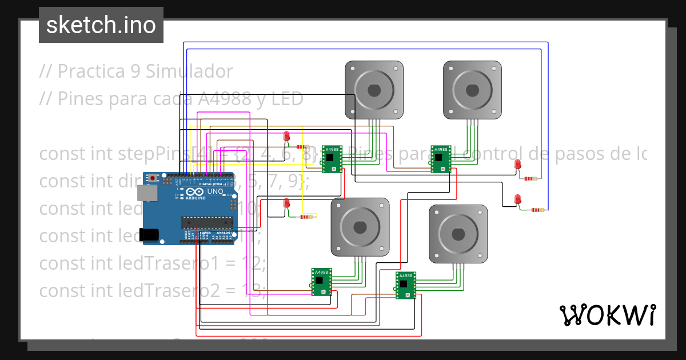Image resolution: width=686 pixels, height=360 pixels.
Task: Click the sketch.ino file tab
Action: pyautogui.click(x=101, y=25)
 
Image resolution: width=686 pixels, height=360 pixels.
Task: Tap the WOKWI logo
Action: pyautogui.click(x=607, y=315)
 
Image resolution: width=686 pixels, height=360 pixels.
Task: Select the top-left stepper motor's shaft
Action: pyautogui.click(x=374, y=90)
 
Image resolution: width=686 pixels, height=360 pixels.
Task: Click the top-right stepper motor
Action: pyautogui.click(x=472, y=90)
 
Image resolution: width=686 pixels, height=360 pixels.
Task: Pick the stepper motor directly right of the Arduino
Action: pyautogui.click(x=360, y=227)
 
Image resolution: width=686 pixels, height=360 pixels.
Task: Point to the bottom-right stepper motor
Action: pyautogui.click(x=458, y=234)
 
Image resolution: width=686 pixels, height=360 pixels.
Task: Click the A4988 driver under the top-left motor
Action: pyautogui.click(x=332, y=159)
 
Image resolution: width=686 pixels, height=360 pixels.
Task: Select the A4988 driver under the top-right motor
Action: pyautogui.click(x=441, y=159)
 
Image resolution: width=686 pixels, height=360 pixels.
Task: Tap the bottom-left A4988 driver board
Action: pyautogui.click(x=321, y=282)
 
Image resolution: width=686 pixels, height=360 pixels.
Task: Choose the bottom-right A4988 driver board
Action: pyautogui.click(x=405, y=285)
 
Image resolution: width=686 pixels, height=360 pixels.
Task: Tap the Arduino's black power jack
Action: pyautogui.click(x=149, y=234)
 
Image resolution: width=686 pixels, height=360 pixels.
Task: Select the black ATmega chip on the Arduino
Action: pyautogui.click(x=207, y=222)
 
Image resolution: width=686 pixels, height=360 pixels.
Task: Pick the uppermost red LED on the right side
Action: pyautogui.click(x=518, y=165)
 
